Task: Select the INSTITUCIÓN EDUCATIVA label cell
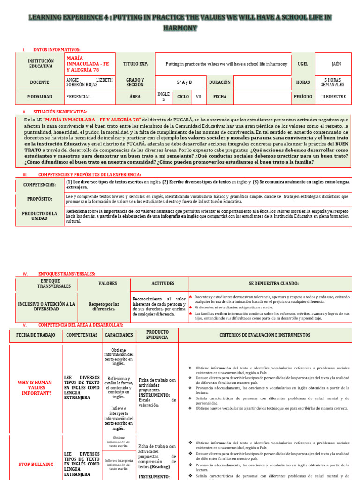(x=40, y=64)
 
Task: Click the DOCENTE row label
(x=40, y=82)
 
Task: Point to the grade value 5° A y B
(x=184, y=82)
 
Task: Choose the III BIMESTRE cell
(x=333, y=97)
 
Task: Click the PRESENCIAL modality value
(x=79, y=97)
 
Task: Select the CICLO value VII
(x=199, y=97)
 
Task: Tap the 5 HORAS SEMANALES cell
(x=333, y=82)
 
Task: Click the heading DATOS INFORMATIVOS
(x=57, y=49)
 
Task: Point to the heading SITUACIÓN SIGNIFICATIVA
(x=60, y=112)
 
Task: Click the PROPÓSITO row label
(x=39, y=199)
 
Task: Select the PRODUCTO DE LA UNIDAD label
(x=40, y=216)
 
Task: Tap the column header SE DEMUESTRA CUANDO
(x=270, y=284)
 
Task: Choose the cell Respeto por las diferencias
(x=104, y=307)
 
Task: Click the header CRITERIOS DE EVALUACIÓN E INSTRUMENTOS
(x=265, y=335)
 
